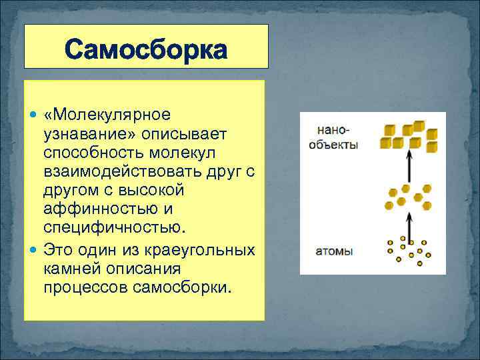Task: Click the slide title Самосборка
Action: coord(147,50)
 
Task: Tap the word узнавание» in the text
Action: coord(84,134)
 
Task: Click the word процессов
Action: coord(85,287)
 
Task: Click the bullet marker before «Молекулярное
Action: coord(35,116)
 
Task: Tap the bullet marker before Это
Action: coord(35,251)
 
